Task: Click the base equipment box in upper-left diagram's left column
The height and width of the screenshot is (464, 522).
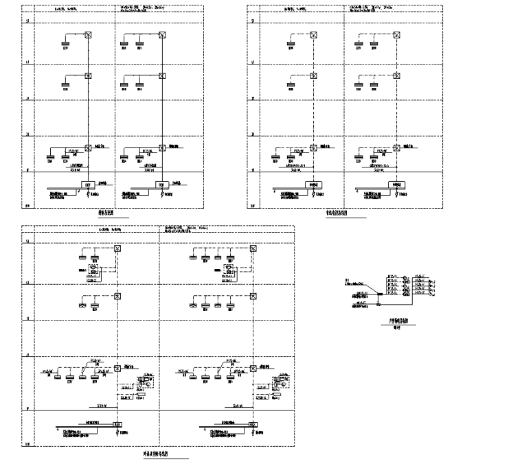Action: point(88,184)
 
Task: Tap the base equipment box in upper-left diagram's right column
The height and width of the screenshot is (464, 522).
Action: point(163,184)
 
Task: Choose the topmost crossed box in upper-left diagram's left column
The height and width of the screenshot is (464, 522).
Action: point(88,36)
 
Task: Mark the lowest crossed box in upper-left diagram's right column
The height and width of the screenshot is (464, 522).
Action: point(163,147)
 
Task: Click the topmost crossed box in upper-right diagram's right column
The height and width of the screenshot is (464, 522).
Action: point(389,36)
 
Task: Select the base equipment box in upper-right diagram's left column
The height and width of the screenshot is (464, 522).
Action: point(315,184)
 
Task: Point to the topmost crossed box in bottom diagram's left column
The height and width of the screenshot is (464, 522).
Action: point(117,249)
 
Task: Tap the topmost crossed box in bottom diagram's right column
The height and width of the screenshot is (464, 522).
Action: point(253,249)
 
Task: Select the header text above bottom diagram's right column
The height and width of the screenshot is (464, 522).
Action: point(185,229)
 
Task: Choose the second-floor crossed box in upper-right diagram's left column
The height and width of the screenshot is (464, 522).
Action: point(315,76)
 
